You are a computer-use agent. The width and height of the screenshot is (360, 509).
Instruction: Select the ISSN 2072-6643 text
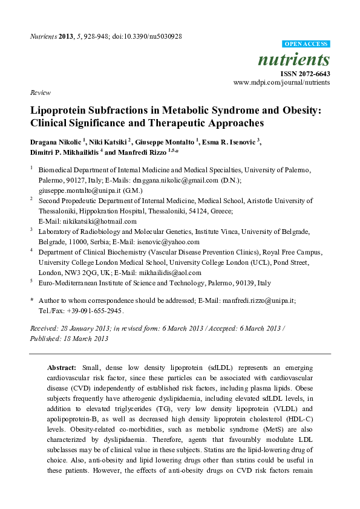pyautogui.click(x=308, y=74)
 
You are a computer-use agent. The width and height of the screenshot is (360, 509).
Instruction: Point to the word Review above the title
pyautogui.click(x=39, y=92)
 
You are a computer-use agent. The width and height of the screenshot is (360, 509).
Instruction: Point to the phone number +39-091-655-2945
pyautogui.click(x=94, y=311)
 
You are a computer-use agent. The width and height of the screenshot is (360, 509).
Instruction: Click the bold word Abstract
pyautogui.click(x=61, y=367)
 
